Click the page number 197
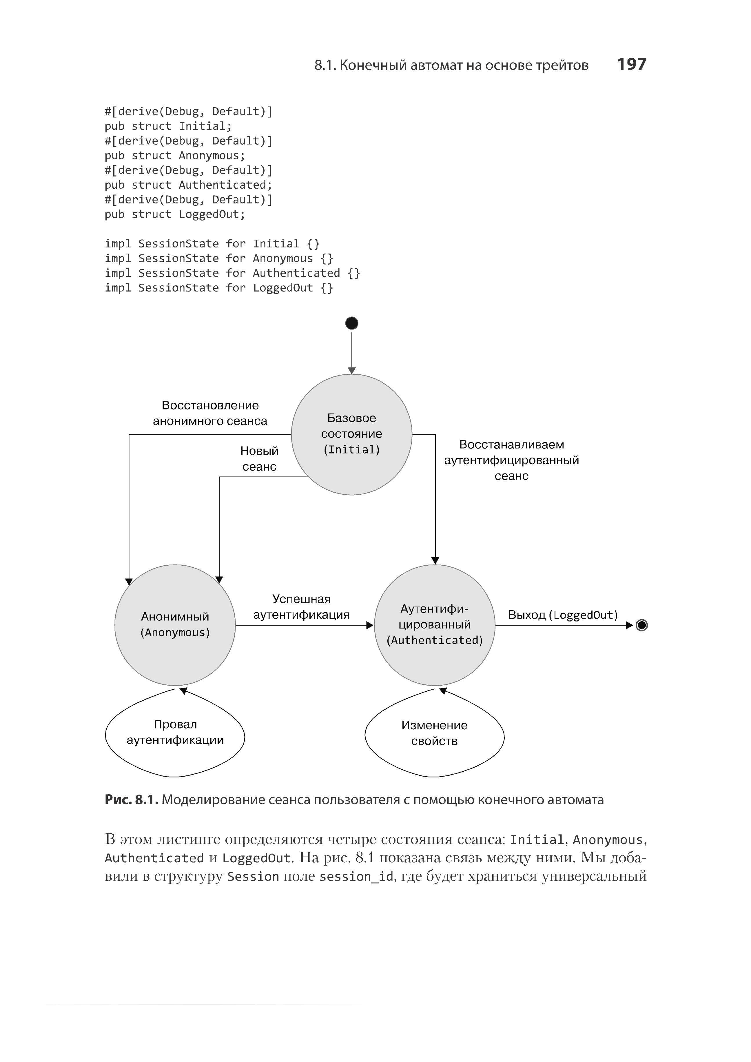click(x=631, y=64)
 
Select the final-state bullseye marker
click(x=641, y=625)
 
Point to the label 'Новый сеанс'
click(x=259, y=459)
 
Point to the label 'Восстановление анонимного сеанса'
click(x=210, y=413)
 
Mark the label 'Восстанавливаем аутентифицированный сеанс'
click(x=511, y=460)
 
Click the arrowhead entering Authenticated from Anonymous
click(x=370, y=625)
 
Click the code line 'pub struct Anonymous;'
click(x=175, y=155)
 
